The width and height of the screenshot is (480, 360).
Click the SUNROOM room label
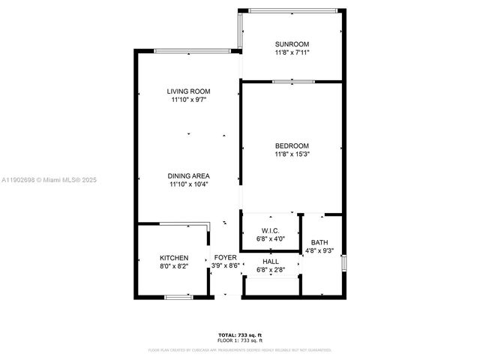(x=292, y=44)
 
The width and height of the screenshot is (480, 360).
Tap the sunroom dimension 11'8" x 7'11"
(x=292, y=53)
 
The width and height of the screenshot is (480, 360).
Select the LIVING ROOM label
(x=187, y=91)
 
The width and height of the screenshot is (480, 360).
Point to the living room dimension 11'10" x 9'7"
(x=187, y=99)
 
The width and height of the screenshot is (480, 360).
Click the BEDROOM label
(x=292, y=145)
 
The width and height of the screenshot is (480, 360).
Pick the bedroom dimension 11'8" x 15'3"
(x=292, y=154)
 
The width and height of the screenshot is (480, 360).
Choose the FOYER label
(x=225, y=257)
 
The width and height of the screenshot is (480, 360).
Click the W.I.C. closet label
(x=270, y=230)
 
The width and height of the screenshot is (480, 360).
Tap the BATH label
(x=319, y=242)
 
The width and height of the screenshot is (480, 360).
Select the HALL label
(x=270, y=261)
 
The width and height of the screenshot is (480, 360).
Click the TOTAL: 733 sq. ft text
(x=240, y=334)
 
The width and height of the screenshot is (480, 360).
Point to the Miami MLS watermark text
(x=49, y=180)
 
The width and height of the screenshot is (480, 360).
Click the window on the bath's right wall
(x=343, y=264)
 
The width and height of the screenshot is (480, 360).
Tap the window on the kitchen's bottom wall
(x=177, y=298)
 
